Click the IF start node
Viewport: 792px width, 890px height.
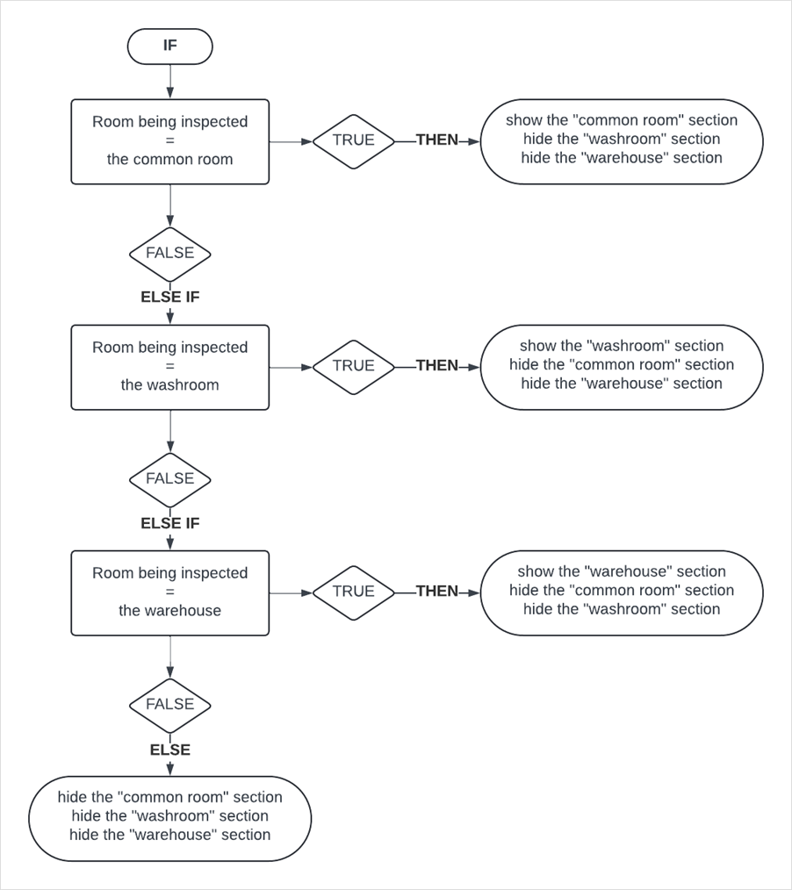click(x=169, y=47)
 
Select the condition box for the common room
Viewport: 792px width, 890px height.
click(x=169, y=141)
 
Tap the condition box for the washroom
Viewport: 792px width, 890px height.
click(x=169, y=367)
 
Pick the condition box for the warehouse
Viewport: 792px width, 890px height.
click(x=169, y=592)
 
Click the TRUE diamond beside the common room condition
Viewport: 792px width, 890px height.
click(x=353, y=140)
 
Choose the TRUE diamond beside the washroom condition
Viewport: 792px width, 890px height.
click(x=353, y=366)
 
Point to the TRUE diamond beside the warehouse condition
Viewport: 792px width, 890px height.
click(x=353, y=592)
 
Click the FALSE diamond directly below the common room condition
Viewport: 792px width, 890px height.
click(x=169, y=254)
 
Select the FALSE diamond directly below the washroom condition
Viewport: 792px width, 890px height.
click(x=169, y=479)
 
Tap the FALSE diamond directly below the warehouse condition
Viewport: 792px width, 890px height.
click(x=169, y=705)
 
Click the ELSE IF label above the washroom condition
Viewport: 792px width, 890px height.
click(x=169, y=298)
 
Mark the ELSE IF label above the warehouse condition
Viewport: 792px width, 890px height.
click(x=169, y=524)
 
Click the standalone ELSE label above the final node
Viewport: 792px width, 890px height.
click(x=169, y=750)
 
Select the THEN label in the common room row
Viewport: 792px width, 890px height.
click(x=436, y=140)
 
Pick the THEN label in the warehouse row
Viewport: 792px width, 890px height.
click(x=436, y=592)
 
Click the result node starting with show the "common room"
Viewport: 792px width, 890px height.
click(x=621, y=140)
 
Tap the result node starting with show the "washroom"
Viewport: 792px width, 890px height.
click(x=621, y=366)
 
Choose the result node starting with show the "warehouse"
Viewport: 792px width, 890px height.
click(x=621, y=592)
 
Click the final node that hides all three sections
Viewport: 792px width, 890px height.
click(x=169, y=817)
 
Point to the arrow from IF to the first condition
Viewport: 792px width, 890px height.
click(x=169, y=82)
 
